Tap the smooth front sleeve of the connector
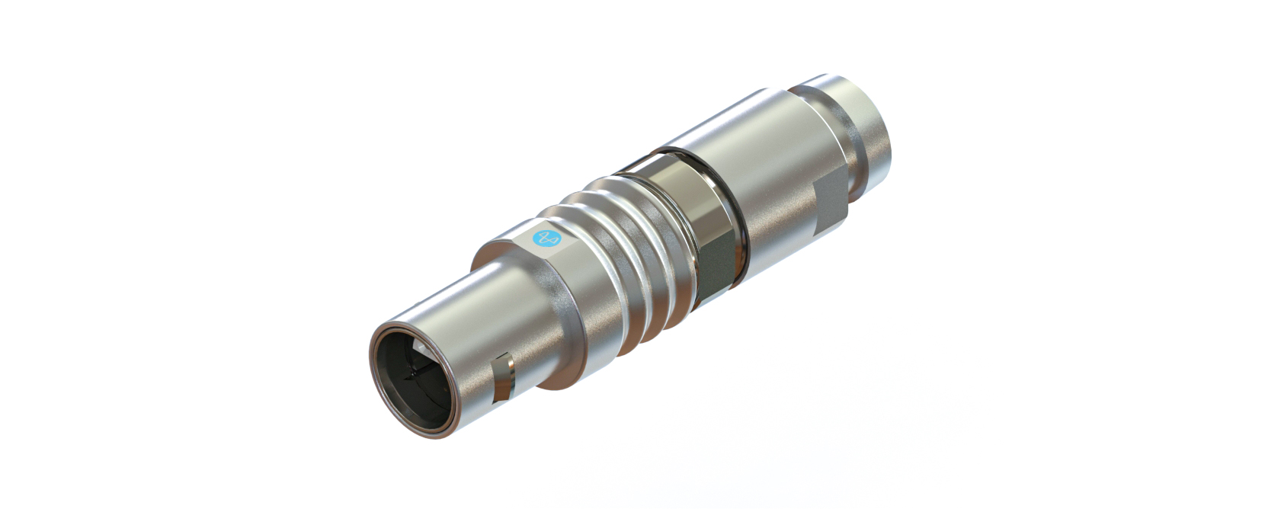[x=488, y=320]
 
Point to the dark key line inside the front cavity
[x=415, y=373]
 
